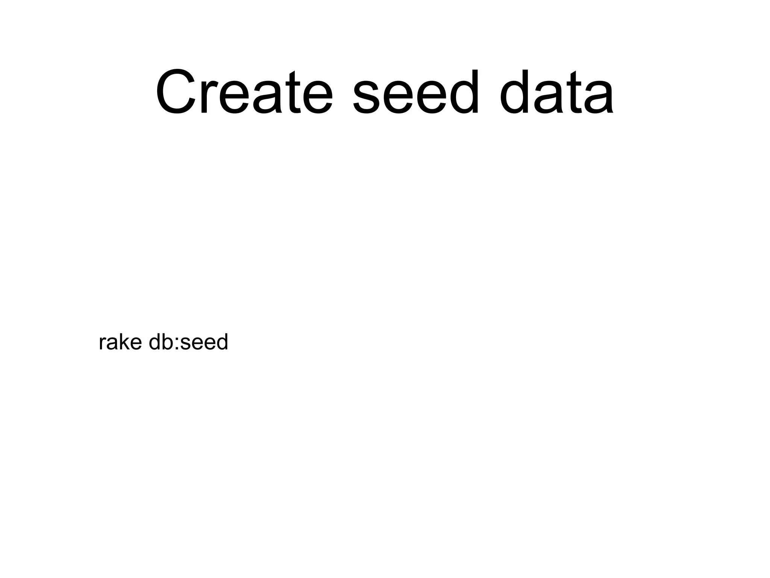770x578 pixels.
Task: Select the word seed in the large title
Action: pos(416,92)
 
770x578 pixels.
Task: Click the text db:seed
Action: pos(188,342)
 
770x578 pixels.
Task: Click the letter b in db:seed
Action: pos(165,342)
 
